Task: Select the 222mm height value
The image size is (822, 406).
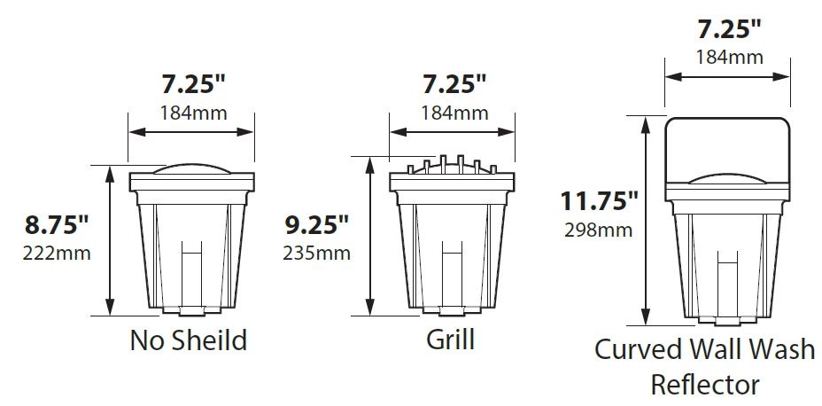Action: [57, 254]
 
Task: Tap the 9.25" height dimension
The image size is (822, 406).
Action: [316, 224]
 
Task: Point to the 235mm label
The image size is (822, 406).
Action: [316, 254]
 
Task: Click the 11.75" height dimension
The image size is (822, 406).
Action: [599, 201]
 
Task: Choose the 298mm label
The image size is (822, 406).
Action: [598, 230]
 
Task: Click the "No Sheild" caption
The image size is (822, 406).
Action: [188, 340]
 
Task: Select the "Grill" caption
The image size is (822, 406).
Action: [450, 339]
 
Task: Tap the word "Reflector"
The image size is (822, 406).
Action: [704, 385]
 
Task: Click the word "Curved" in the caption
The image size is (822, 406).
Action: [633, 350]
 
